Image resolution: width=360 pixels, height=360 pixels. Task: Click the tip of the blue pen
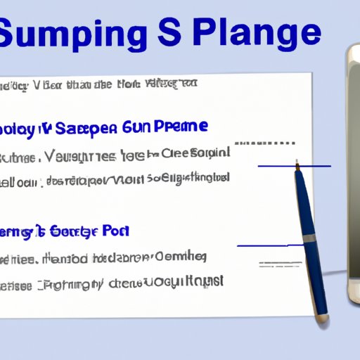click(x=297, y=163)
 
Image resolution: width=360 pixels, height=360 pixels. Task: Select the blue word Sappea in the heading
click(x=82, y=128)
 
